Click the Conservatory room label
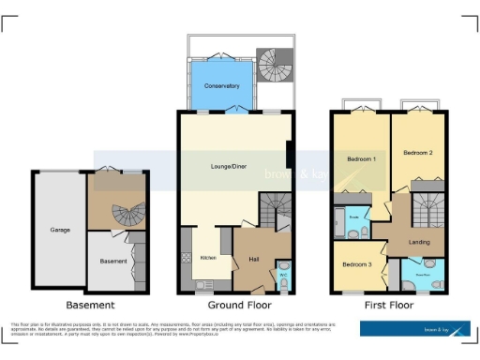tap(222, 85)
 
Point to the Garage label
tap(60, 229)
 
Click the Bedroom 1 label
tap(360, 159)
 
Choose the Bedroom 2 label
tap(416, 152)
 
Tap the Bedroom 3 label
tap(356, 264)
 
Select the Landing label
tap(419, 242)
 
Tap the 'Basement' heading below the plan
tap(90, 305)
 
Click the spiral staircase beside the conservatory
tap(272, 67)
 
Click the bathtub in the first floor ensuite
tap(337, 222)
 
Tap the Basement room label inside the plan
tap(112, 261)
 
